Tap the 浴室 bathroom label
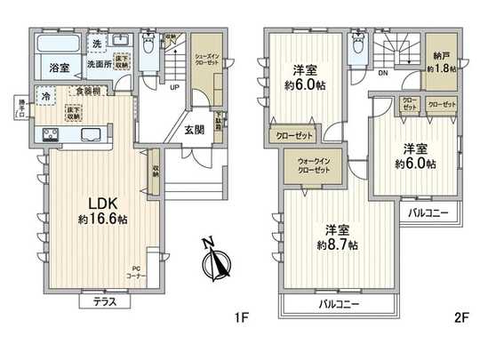(60, 67)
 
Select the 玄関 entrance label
(194, 127)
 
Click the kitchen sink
(91, 135)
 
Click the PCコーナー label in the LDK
(138, 271)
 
